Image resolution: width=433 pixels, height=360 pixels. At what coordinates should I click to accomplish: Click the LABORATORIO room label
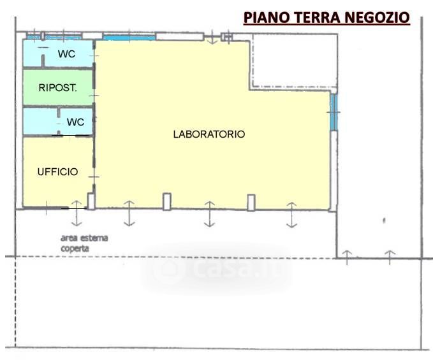coord(209,134)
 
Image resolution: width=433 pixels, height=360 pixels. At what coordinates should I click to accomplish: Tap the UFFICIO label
coord(57,172)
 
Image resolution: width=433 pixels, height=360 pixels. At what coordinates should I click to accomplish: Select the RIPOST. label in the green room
coord(58,88)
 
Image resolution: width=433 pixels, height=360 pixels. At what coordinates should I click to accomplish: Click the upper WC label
coord(66,54)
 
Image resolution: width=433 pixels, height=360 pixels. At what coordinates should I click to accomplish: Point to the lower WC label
coord(75,122)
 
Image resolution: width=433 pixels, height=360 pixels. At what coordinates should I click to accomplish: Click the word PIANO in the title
coord(264,17)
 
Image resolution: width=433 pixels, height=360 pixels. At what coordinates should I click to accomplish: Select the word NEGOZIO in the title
coord(378,17)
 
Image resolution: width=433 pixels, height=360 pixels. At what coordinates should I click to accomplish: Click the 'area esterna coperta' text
coord(84,243)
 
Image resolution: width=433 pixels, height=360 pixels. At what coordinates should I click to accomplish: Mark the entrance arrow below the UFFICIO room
coord(77,213)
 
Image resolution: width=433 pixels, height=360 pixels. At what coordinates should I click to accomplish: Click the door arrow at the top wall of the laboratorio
coord(212,38)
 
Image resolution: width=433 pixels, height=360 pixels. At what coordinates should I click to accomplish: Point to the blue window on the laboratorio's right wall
coord(334,112)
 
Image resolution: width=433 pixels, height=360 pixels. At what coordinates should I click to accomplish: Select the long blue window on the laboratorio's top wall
coord(129,38)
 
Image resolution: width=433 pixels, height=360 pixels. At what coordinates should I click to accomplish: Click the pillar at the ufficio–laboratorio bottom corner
coord(91,201)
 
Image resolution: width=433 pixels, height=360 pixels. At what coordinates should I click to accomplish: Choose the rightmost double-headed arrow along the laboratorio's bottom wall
coord(291,215)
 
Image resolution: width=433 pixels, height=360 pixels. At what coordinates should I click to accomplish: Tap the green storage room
coord(58,88)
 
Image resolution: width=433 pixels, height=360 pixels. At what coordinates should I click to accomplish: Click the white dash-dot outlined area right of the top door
coord(295,61)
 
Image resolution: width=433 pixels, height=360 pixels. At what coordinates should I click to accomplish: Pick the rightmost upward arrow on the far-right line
coord(390,257)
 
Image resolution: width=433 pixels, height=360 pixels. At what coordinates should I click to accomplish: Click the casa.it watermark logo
coord(216,269)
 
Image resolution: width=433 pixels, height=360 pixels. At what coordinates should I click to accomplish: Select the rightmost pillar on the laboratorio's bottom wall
coord(251,203)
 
